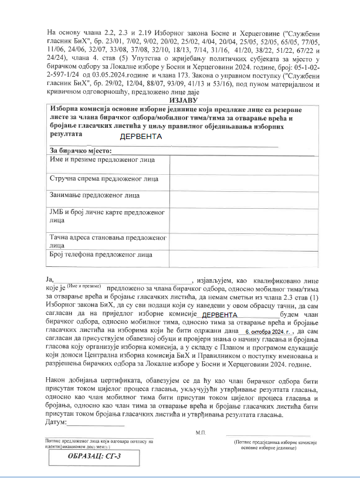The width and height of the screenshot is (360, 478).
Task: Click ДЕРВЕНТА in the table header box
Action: [x=141, y=137]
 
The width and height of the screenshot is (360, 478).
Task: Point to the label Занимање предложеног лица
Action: [x=87, y=195]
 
